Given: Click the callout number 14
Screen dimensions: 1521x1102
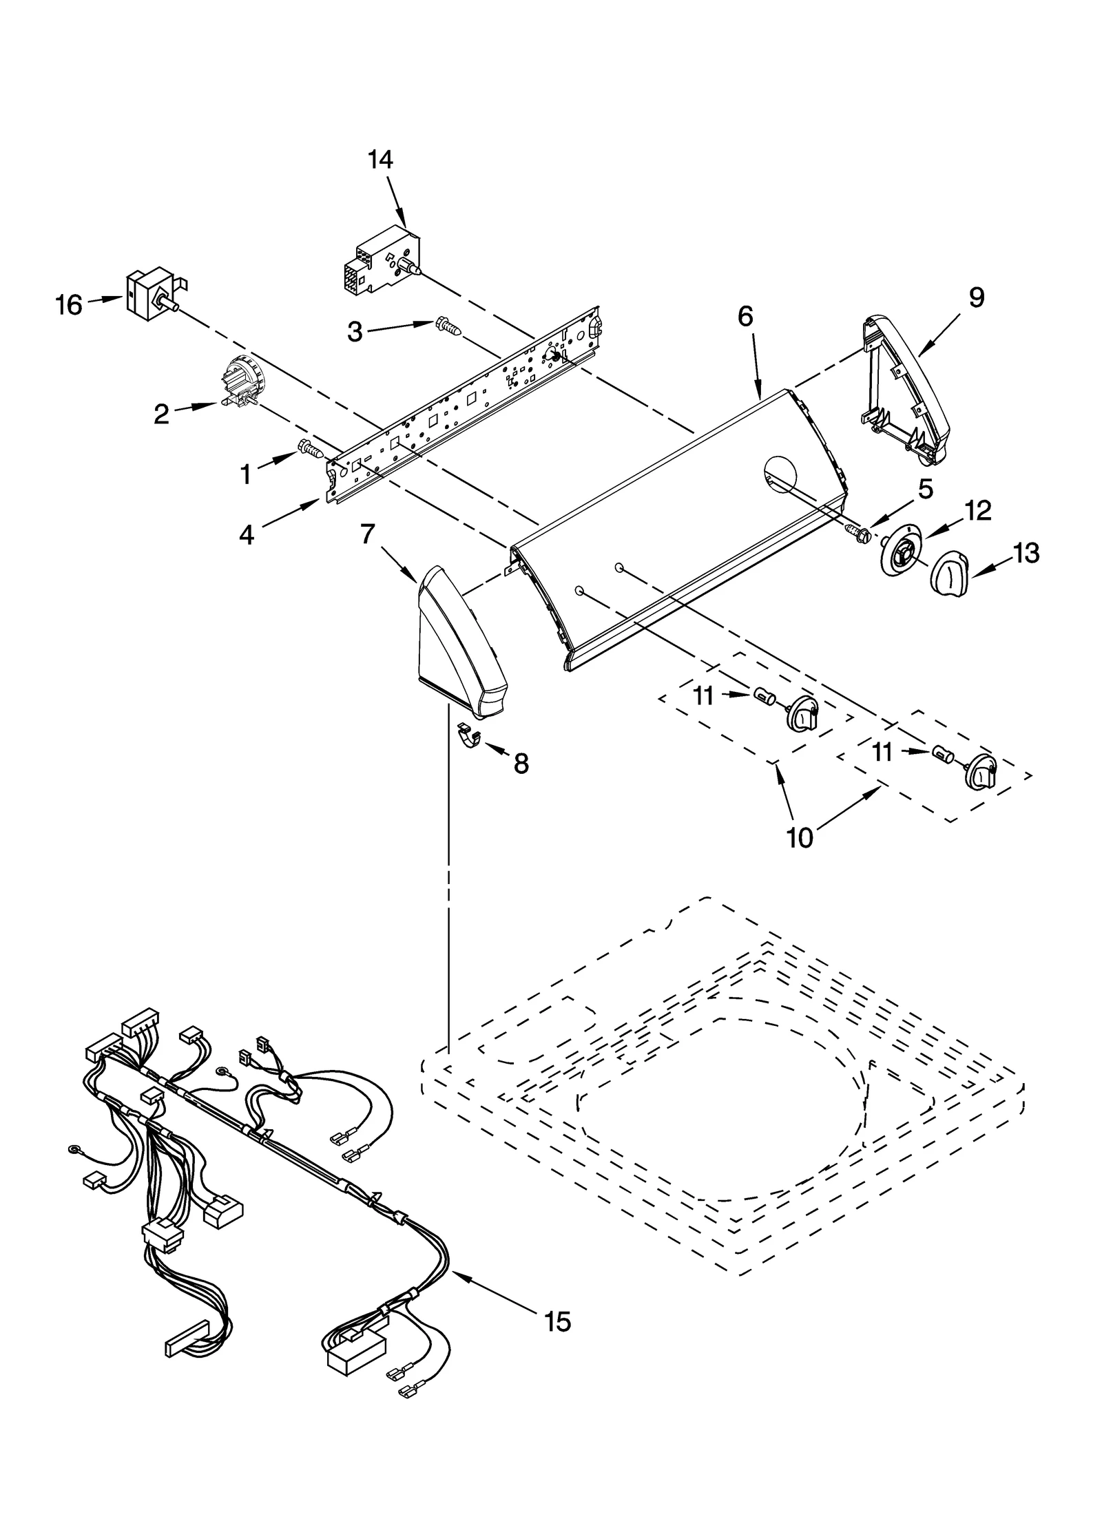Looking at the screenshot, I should tap(380, 160).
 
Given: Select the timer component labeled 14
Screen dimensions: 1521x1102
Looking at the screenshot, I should tap(380, 260).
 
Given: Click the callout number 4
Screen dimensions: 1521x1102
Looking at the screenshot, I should tap(246, 535).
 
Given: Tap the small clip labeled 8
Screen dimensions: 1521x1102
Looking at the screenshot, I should tap(470, 735).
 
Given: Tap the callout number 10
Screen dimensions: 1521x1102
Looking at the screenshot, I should tap(800, 838).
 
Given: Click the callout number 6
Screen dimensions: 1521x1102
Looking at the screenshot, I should tap(745, 316).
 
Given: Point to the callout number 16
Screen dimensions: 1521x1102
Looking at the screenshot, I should tap(69, 304).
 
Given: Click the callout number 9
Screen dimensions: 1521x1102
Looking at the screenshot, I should tap(976, 297).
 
